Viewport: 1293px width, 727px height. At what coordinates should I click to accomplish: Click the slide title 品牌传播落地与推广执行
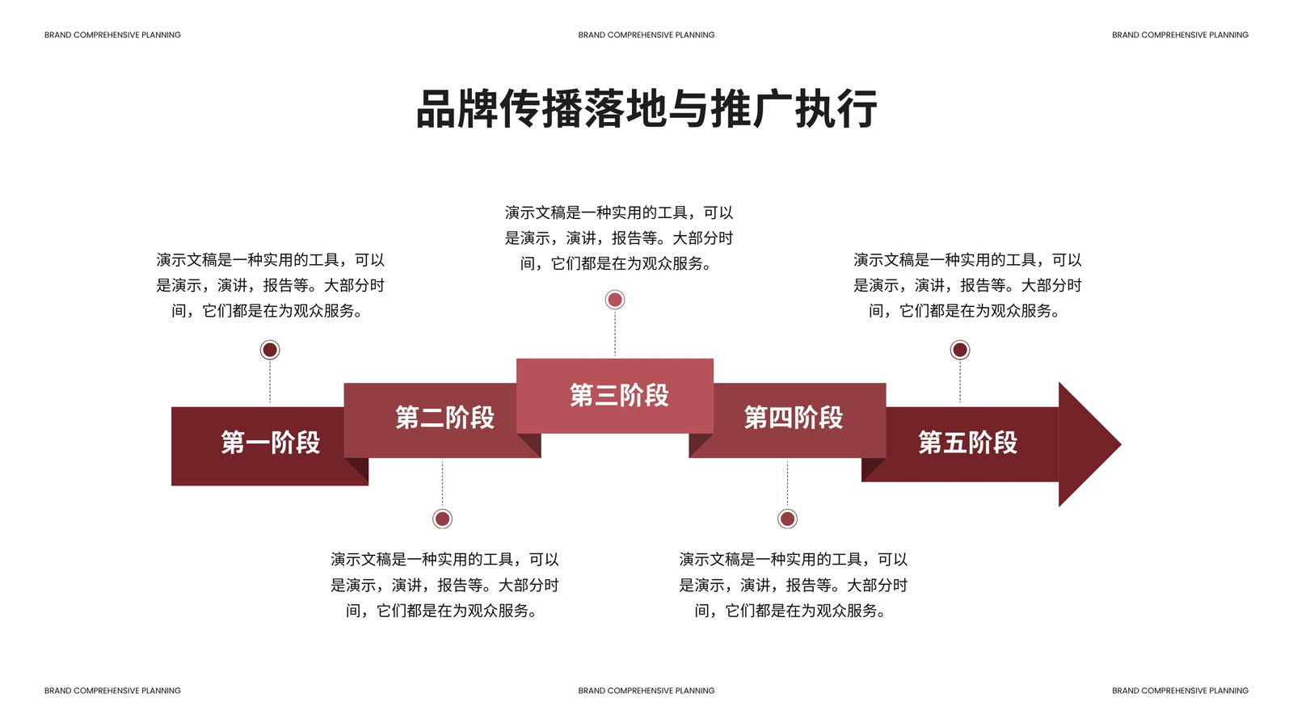tap(646, 108)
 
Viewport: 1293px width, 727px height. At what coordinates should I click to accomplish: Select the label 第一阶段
tap(271, 443)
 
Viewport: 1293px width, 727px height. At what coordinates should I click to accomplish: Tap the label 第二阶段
tap(445, 417)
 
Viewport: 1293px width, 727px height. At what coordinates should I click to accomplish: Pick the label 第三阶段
tap(619, 395)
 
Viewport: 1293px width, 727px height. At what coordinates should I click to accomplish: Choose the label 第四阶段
tap(794, 417)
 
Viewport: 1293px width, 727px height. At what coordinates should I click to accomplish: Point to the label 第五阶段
tap(968, 443)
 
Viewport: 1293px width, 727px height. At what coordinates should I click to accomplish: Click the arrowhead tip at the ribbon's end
tap(1121, 444)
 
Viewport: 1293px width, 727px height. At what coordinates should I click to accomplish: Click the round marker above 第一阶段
tap(270, 350)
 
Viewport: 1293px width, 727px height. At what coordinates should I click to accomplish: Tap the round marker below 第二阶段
tap(442, 519)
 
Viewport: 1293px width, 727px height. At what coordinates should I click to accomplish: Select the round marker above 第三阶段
tap(615, 300)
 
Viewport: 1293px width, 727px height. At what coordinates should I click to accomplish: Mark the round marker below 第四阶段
tap(787, 519)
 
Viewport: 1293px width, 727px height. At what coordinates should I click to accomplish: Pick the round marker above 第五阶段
tap(960, 350)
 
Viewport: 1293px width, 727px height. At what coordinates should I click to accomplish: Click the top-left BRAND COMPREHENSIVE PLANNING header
tap(112, 36)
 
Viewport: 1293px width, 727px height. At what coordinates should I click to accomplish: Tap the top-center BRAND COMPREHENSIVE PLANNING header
tap(646, 36)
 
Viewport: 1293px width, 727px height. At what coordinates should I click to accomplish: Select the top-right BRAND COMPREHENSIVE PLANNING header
tap(1180, 36)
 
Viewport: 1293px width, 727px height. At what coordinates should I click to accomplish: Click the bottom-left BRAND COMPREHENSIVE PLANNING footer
tap(112, 691)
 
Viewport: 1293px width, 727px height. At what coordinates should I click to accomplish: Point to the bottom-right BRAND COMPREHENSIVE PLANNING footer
tap(1180, 691)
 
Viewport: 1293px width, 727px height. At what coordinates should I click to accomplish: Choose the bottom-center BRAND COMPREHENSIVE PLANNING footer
tap(646, 691)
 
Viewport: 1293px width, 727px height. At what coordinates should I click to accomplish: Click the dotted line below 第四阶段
tap(787, 484)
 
